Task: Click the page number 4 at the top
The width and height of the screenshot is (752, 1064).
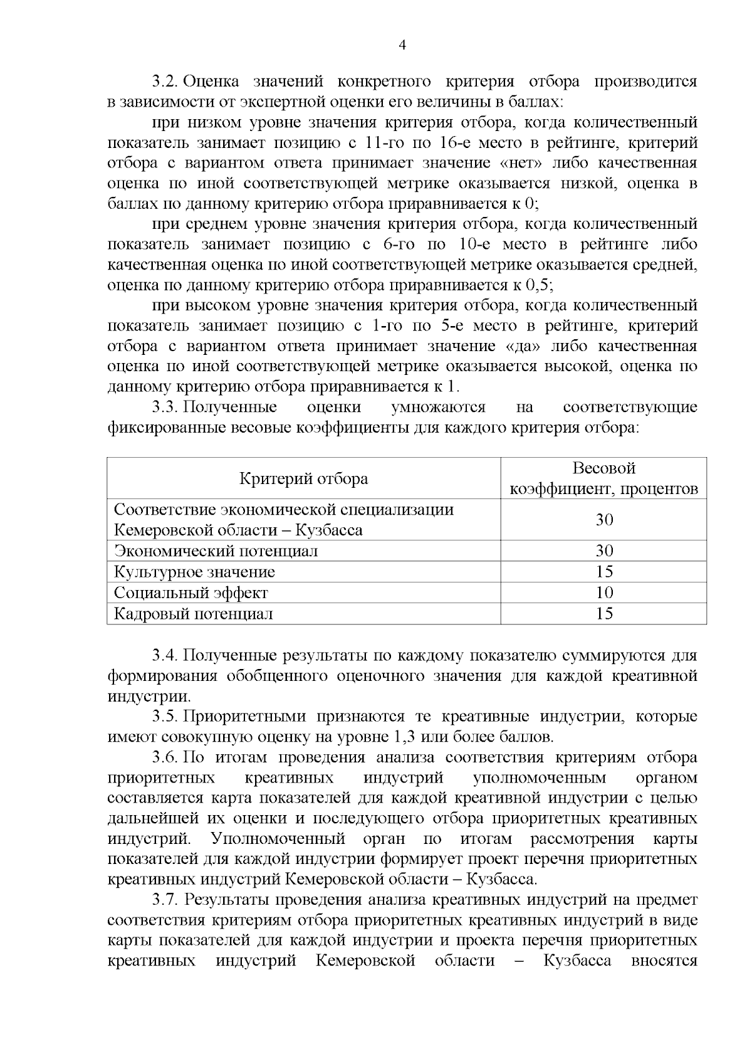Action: point(402,45)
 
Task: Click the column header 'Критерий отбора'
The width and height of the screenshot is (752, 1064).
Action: point(303,479)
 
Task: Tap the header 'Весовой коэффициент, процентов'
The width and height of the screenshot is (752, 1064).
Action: point(603,478)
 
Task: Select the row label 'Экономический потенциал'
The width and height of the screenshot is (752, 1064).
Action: point(216,551)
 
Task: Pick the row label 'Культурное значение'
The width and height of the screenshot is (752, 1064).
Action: point(194,572)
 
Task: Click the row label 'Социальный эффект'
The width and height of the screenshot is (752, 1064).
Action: point(191,593)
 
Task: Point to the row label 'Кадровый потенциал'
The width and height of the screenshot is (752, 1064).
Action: point(193,614)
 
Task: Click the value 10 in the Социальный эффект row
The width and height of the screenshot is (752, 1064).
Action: point(603,593)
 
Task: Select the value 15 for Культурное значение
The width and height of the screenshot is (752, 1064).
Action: point(603,572)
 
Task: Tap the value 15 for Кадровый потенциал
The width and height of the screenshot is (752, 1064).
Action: point(603,614)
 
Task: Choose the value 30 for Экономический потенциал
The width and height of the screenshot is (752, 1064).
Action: point(603,551)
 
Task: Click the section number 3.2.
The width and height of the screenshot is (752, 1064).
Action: point(166,82)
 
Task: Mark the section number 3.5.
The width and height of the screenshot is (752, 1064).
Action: point(166,717)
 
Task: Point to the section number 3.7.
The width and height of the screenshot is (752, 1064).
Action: point(166,900)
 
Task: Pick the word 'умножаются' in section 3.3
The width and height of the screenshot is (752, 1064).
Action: point(438,408)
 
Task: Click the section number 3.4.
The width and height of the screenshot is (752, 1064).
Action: point(166,656)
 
